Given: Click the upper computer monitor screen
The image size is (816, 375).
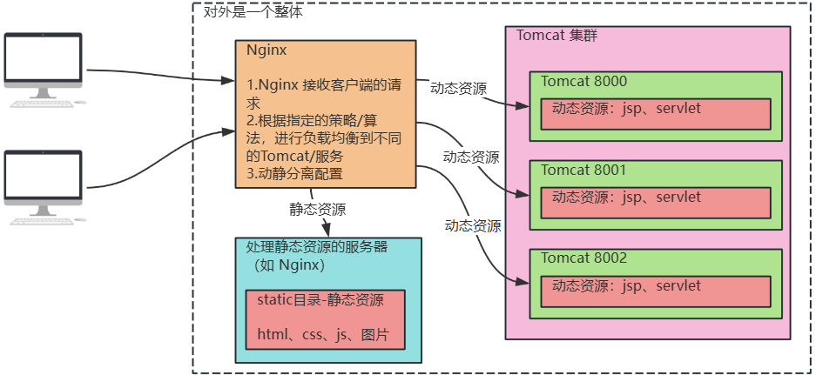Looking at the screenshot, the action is point(43,57).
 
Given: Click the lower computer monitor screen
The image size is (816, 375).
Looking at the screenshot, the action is point(43,175).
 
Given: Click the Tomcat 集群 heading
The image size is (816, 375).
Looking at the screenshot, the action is point(556,36).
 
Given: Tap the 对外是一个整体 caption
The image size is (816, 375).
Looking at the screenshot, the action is point(253,11).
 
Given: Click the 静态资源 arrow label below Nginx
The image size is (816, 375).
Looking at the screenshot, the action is point(318,209).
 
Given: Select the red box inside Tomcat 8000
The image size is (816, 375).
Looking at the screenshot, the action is point(656,113).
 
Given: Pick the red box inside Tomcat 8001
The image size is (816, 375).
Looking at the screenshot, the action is point(656,203).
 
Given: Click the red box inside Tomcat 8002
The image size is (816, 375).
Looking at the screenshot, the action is point(656,291).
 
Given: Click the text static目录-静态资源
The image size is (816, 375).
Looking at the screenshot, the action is point(320,300).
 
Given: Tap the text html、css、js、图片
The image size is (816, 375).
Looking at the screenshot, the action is point(323,335).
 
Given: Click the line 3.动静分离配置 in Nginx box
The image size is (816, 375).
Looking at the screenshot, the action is point(294,173).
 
